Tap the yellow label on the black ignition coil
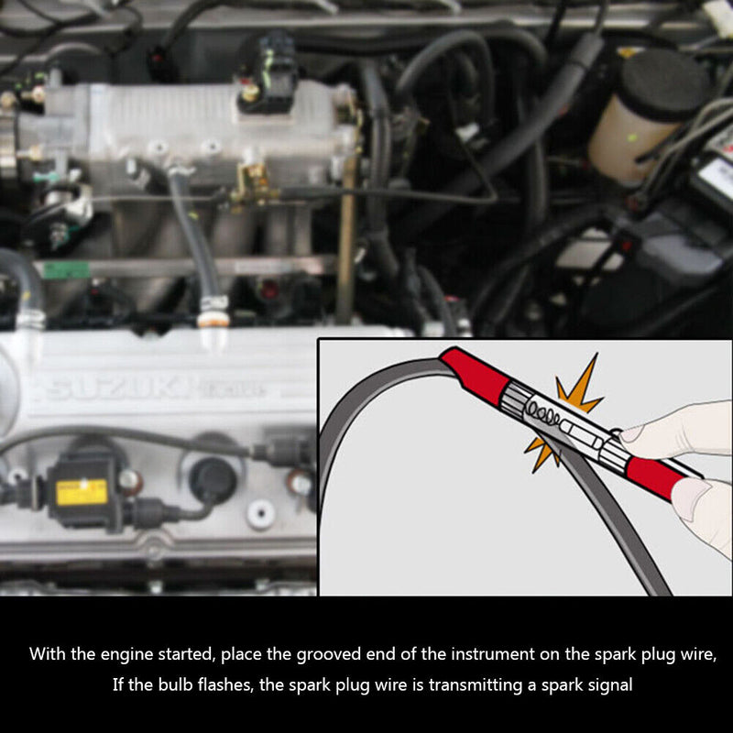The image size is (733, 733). point(82,491)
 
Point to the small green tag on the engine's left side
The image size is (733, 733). point(67,270)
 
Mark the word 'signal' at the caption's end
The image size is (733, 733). point(608,684)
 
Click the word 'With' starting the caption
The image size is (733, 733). point(46,654)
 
